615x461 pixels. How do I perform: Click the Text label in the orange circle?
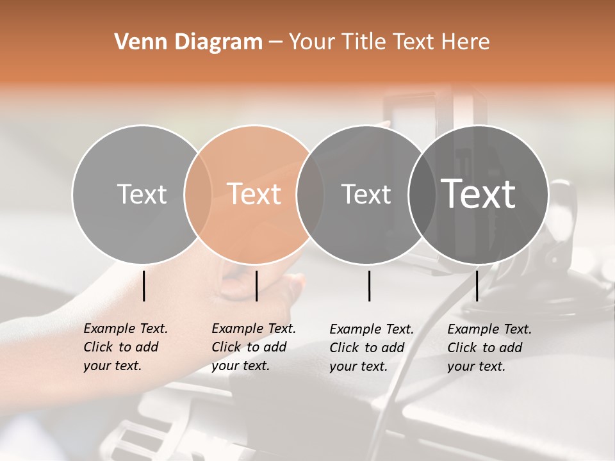click(x=254, y=194)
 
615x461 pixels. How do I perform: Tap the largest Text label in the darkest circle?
click(x=479, y=194)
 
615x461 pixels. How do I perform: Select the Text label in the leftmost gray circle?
click(x=142, y=194)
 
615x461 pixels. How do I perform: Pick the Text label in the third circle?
click(x=366, y=194)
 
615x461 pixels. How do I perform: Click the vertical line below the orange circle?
click(x=256, y=286)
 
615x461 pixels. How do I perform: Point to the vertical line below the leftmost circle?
click(x=144, y=286)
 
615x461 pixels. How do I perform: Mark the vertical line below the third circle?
click(x=369, y=286)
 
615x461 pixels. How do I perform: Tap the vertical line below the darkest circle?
click(x=477, y=286)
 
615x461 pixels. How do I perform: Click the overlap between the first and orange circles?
click(x=198, y=194)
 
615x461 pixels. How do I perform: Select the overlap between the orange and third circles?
click(x=310, y=194)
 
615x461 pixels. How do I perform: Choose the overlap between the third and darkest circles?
click(x=422, y=194)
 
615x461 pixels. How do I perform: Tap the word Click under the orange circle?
click(x=226, y=347)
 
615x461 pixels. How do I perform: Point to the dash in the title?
click(x=275, y=42)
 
